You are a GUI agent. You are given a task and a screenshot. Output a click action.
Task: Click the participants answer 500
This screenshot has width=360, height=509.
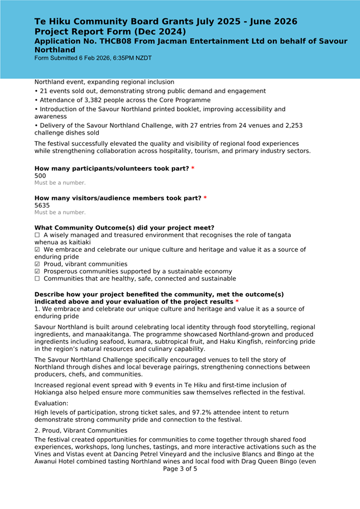click(40, 175)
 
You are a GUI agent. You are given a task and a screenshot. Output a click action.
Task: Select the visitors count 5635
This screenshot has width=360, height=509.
click(42, 205)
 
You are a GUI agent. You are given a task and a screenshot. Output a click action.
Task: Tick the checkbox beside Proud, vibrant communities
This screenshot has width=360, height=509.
click(37, 264)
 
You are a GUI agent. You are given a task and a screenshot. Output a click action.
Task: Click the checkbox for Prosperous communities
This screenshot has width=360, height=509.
click(37, 271)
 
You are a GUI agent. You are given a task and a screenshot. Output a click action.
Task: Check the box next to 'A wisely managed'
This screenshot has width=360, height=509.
click(37, 236)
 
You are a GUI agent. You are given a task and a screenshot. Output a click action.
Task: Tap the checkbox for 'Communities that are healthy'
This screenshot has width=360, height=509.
click(37, 278)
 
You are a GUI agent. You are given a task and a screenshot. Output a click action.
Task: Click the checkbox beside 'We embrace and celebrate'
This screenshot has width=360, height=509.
click(37, 250)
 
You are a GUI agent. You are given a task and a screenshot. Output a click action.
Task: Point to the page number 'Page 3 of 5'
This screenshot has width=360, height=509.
click(180, 469)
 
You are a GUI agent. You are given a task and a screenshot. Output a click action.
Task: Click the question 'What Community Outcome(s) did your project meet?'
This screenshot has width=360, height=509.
click(124, 228)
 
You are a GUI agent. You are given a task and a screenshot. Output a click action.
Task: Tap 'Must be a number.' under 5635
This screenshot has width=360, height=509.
click(60, 212)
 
